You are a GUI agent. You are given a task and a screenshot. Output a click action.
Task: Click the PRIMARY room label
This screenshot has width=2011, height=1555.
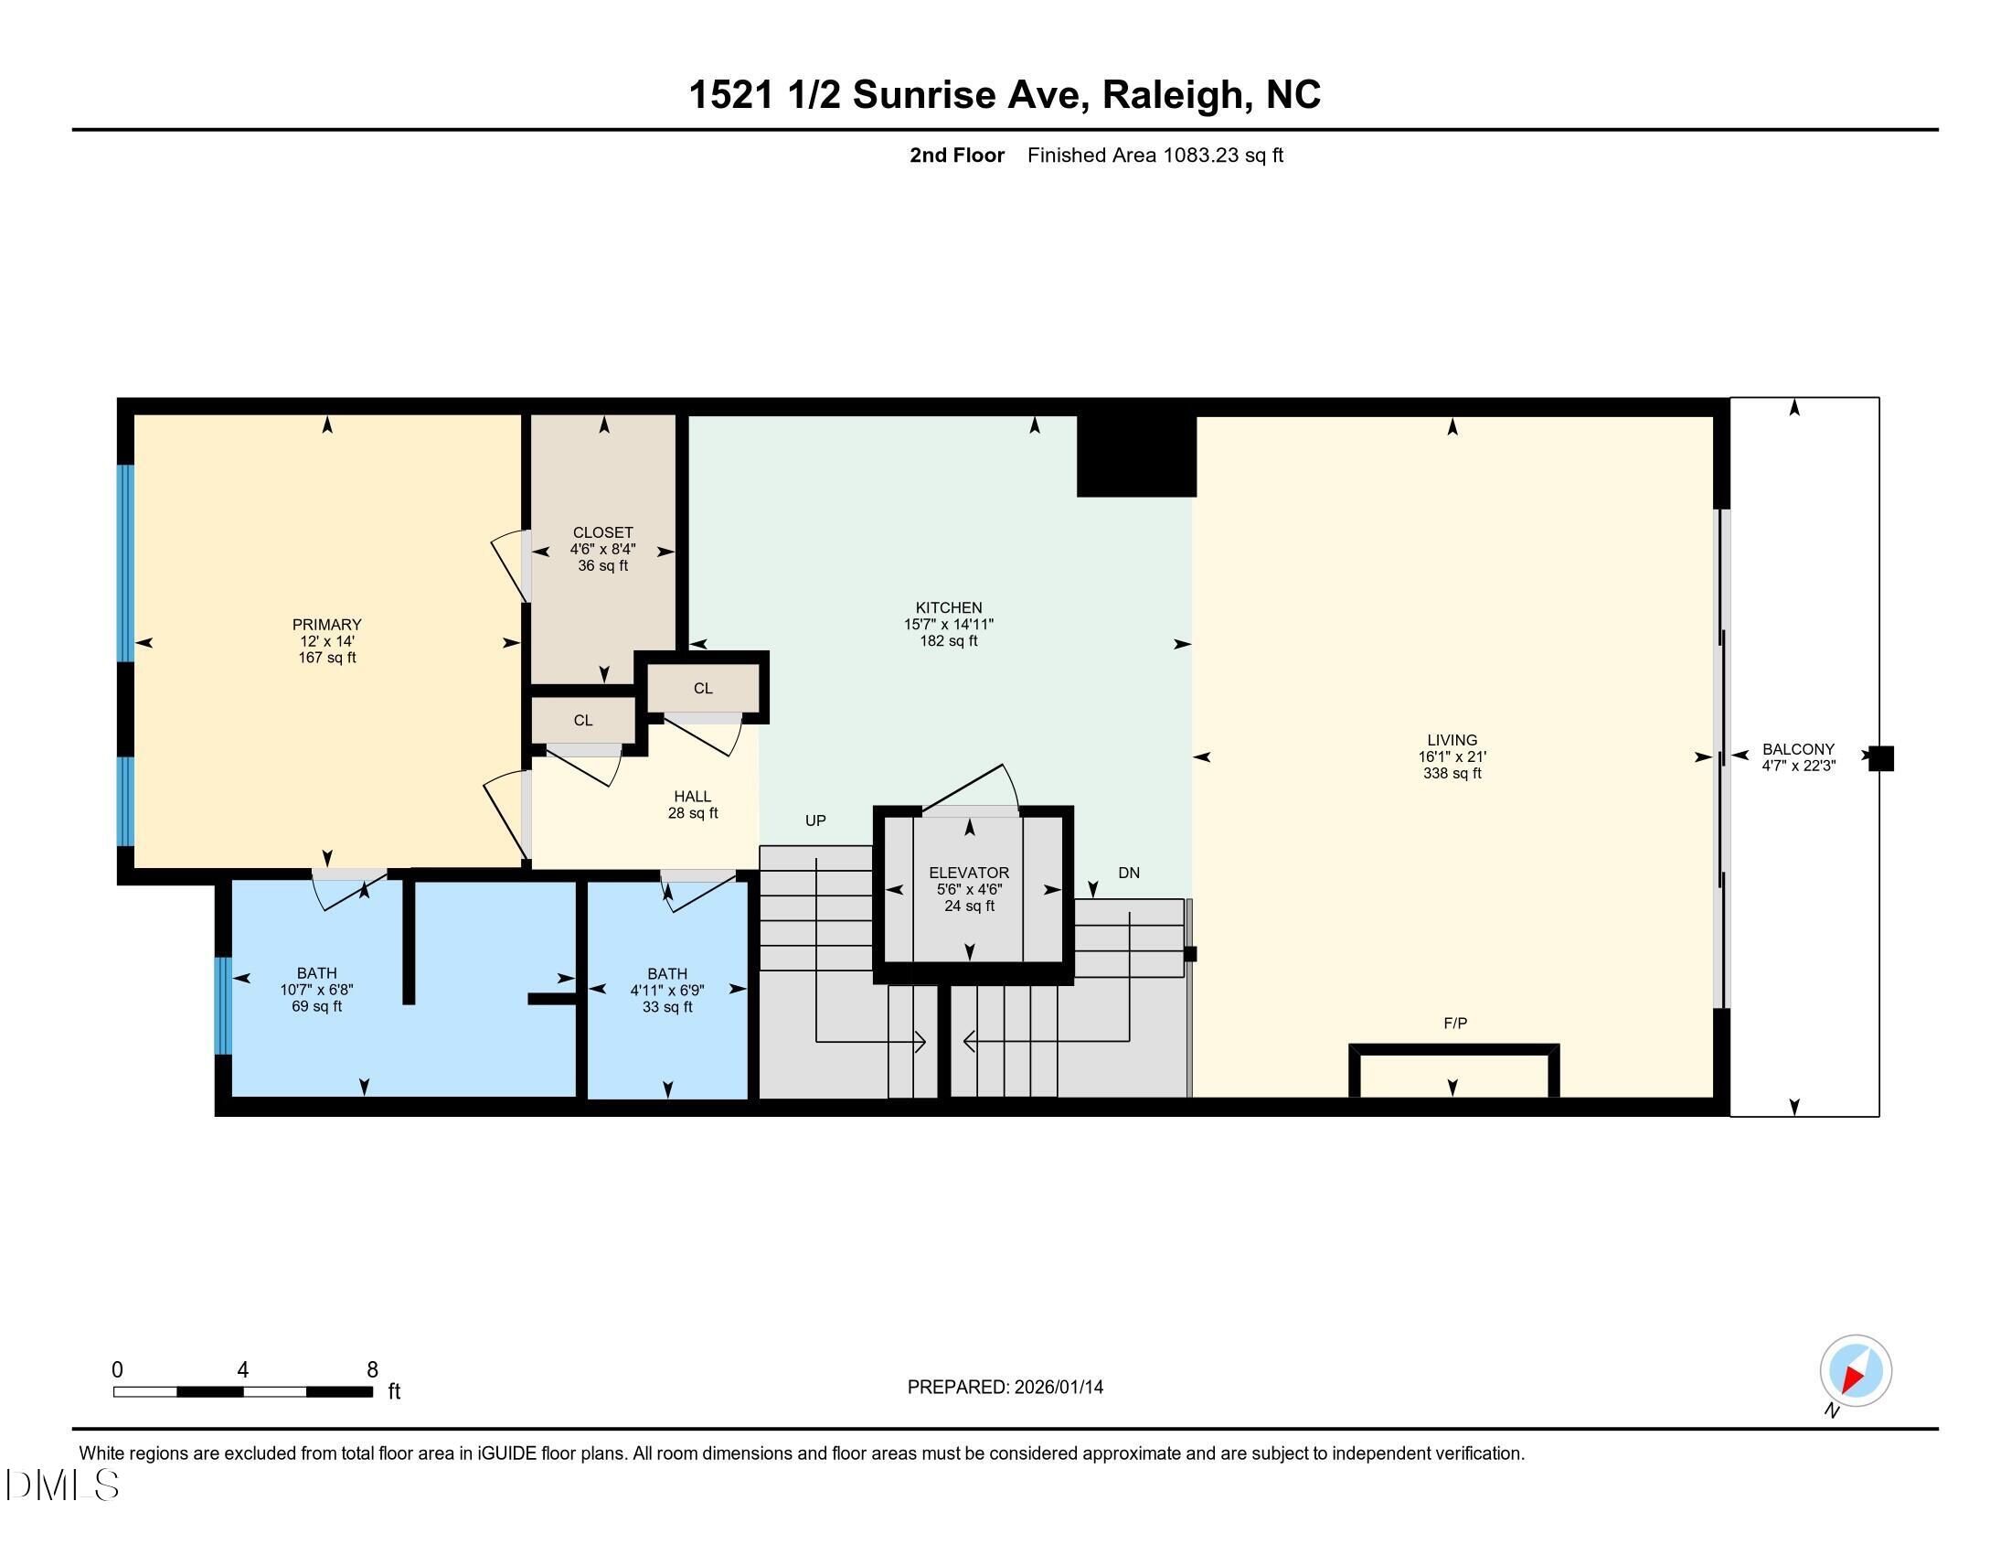(326, 625)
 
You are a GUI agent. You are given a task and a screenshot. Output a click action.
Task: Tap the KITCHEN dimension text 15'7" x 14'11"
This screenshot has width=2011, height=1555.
(949, 625)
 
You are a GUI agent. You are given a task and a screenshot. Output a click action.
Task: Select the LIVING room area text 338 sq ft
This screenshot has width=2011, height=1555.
(1452, 774)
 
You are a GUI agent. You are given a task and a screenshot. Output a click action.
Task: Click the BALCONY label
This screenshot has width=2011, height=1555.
(1797, 749)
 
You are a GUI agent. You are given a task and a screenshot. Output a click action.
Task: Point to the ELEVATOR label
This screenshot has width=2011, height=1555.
(969, 873)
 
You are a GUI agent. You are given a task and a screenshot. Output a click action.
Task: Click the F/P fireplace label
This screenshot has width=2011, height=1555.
(1455, 1024)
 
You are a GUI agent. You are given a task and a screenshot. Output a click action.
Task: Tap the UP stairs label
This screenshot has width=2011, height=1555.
(814, 820)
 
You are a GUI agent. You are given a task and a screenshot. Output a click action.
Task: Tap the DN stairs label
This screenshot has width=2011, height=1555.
(1128, 874)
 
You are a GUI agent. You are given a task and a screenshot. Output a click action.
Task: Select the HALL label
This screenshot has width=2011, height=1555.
(693, 797)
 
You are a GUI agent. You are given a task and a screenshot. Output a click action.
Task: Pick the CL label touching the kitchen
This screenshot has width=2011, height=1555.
(703, 689)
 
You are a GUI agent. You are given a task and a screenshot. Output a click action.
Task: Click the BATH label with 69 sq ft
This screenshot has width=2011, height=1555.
(316, 973)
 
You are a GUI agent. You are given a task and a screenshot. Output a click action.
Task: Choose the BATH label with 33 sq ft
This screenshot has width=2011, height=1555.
(666, 974)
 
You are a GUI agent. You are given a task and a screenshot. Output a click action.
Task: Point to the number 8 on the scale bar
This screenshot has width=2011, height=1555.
(372, 1370)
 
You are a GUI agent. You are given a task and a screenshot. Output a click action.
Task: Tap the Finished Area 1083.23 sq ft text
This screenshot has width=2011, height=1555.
(1154, 155)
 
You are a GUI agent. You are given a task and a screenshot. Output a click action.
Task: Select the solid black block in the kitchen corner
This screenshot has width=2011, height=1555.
(1135, 456)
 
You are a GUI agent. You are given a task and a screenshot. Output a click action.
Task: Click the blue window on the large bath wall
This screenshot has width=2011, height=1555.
(222, 1005)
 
